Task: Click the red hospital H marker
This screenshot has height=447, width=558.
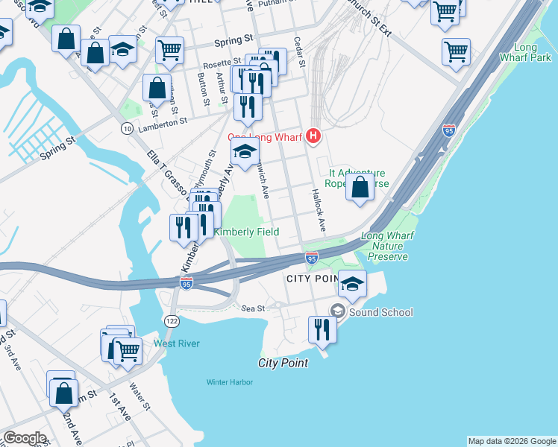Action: [x=314, y=136]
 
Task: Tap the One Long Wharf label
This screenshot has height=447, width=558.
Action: [x=267, y=137]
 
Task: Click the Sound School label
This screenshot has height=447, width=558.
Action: [x=380, y=312]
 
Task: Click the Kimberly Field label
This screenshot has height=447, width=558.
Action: [x=247, y=232]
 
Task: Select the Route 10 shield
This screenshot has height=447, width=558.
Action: [x=128, y=129]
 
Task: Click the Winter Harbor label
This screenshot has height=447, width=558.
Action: [x=230, y=382]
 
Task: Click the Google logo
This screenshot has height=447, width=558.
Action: [x=25, y=438]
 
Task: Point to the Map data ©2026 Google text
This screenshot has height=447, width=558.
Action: [x=512, y=441]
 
